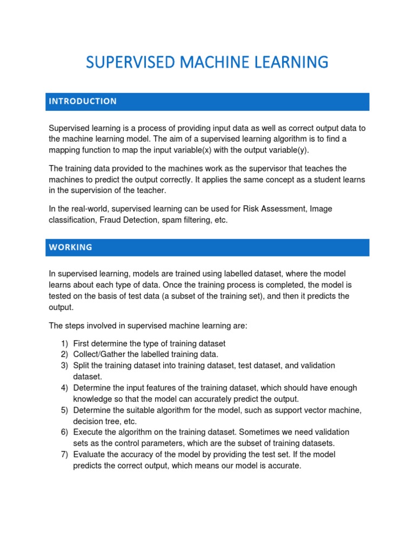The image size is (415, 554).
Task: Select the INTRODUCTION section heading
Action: [83, 101]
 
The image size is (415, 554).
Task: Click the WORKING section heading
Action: [71, 247]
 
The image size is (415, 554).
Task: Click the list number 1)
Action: [65, 344]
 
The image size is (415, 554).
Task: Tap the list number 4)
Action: [65, 388]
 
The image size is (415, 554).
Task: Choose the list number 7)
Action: [65, 454]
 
